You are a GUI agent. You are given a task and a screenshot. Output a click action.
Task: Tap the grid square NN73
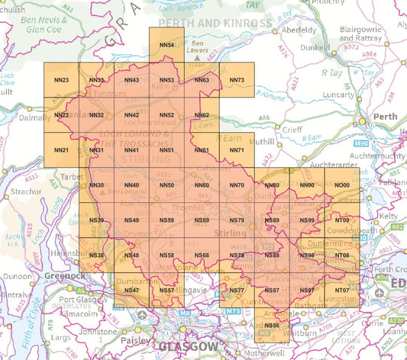point(237,80)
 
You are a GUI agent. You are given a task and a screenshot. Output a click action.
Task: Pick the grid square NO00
point(342,186)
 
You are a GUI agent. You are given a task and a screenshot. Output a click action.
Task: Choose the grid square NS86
point(271,326)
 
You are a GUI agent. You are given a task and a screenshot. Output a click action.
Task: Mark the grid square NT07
point(342,291)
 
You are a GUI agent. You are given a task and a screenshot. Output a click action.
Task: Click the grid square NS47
point(131,291)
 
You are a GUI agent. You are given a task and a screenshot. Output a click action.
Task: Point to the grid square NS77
point(237,291)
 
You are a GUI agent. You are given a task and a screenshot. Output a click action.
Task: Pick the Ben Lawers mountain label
point(202,47)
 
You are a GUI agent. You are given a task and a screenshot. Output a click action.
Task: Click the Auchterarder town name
point(338,163)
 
